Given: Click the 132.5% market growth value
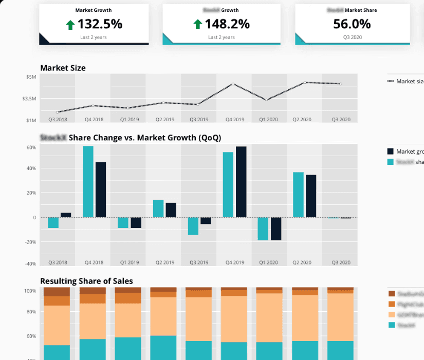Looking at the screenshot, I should [100, 24].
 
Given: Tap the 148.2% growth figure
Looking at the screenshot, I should [227, 24].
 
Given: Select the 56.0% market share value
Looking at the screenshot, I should [352, 24].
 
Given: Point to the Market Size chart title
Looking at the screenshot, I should [63, 68].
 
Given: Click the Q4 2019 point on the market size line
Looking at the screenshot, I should [234, 84].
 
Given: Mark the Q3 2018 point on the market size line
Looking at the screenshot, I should [58, 112].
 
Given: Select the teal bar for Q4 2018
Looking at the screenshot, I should [88, 182].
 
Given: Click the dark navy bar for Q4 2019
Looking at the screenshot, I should [241, 182].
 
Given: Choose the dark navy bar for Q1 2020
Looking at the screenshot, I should [276, 229].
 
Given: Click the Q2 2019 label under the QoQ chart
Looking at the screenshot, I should [164, 262].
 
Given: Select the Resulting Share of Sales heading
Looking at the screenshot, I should [86, 281].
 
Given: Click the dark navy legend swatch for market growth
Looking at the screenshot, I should [390, 151].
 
